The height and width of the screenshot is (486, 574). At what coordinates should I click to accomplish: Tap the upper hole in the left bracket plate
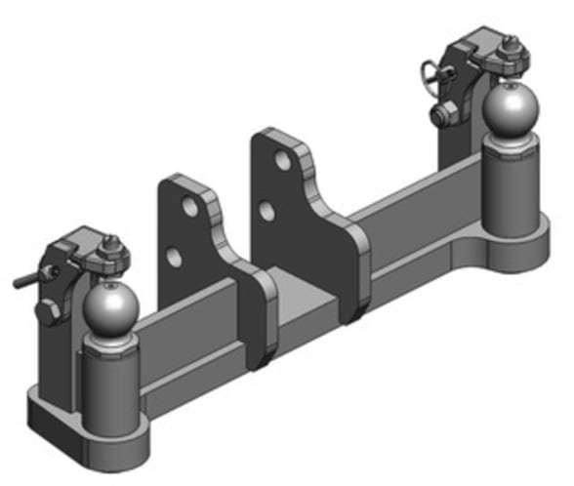coord(184,209)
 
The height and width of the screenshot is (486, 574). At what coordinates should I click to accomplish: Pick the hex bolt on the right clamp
coord(444,115)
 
